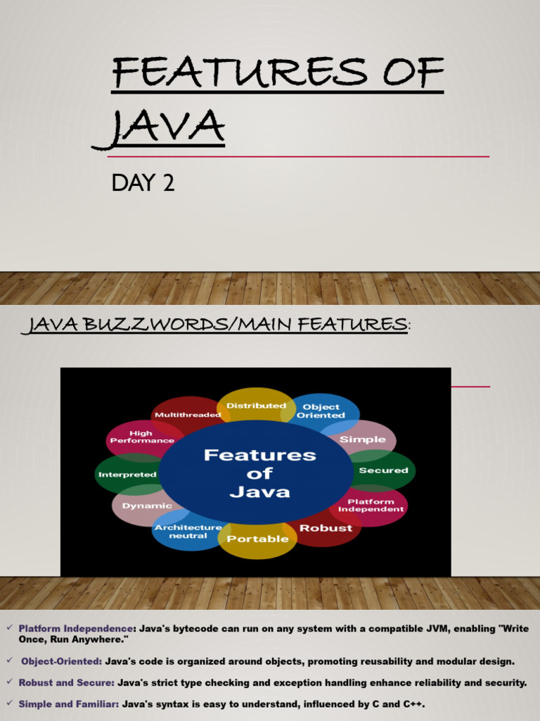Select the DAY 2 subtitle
click(x=143, y=184)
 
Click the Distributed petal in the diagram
click(x=256, y=406)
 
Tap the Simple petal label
click(x=362, y=439)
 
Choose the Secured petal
click(x=383, y=470)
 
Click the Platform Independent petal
click(x=371, y=506)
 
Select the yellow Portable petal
click(x=257, y=539)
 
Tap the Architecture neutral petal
click(x=188, y=532)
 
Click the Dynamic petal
click(x=147, y=506)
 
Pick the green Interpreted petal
click(x=127, y=475)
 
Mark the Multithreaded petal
click(x=188, y=415)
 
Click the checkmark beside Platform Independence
click(x=9, y=627)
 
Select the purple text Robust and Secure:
click(x=67, y=683)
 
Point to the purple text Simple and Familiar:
click(x=69, y=704)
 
